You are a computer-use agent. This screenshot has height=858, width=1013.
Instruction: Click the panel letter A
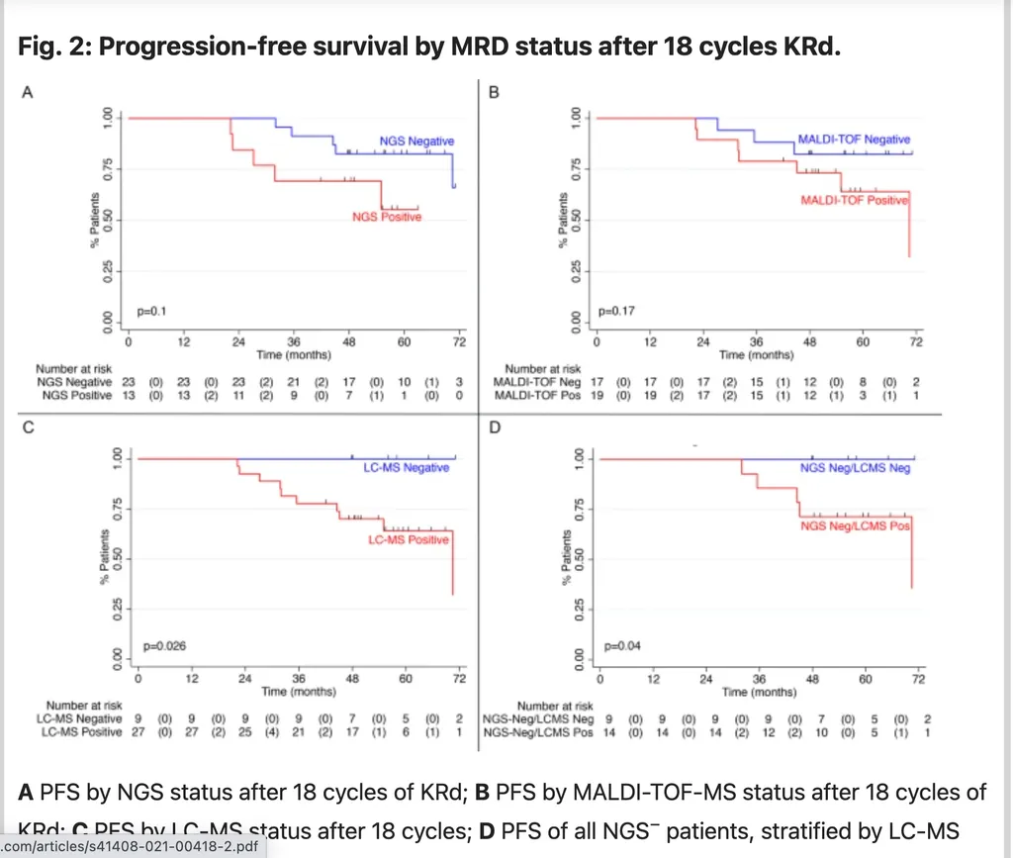pyautogui.click(x=28, y=93)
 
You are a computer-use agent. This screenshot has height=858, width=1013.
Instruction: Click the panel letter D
pyautogui.click(x=496, y=430)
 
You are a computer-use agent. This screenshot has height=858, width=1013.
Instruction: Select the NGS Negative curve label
pyautogui.click(x=416, y=142)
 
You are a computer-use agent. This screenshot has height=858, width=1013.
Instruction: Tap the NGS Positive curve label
pyautogui.click(x=386, y=217)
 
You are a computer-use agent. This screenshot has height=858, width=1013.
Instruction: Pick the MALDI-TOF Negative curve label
pyautogui.click(x=854, y=141)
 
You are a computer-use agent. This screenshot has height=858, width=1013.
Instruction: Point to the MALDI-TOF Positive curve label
pyautogui.click(x=854, y=201)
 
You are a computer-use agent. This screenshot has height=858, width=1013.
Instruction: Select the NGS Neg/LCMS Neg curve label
pyautogui.click(x=856, y=467)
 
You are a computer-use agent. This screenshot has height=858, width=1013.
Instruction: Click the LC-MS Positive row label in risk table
pyautogui.click(x=82, y=732)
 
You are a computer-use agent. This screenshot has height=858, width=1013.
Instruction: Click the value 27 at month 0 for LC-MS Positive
pyautogui.click(x=138, y=732)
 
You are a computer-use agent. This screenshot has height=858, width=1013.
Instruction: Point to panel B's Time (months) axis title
pyautogui.click(x=756, y=353)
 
